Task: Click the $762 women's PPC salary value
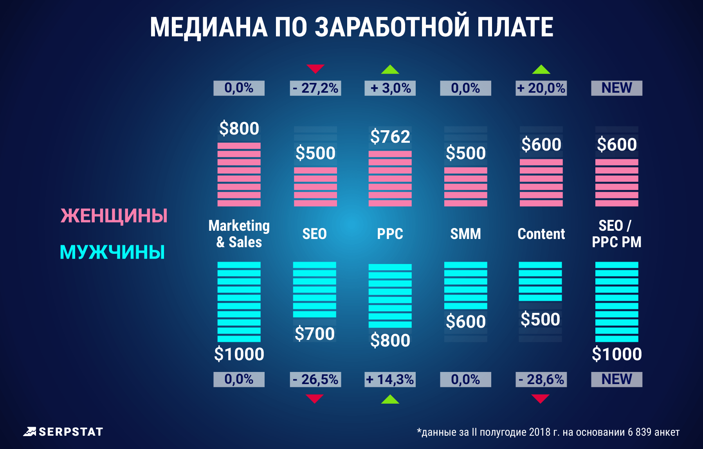coord(390,136)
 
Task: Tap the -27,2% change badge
coord(315,88)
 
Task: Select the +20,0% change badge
coord(541,88)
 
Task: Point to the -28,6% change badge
coord(541,379)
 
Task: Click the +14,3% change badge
coord(390,379)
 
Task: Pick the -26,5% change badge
coord(315,379)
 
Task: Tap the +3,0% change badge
coord(390,88)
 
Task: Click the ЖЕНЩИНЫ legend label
coord(114,216)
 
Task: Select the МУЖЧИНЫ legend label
coord(112,252)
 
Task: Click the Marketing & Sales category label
coord(239,234)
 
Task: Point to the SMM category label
coord(465,234)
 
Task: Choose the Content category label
coord(541,234)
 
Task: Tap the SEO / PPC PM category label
coord(616,234)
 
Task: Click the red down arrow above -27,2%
coord(315,69)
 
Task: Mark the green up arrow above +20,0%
coord(541,69)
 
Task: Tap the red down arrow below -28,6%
coord(540,399)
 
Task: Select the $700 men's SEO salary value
coord(315,334)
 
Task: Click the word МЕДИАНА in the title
coord(209,27)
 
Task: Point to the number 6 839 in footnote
coord(640,432)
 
